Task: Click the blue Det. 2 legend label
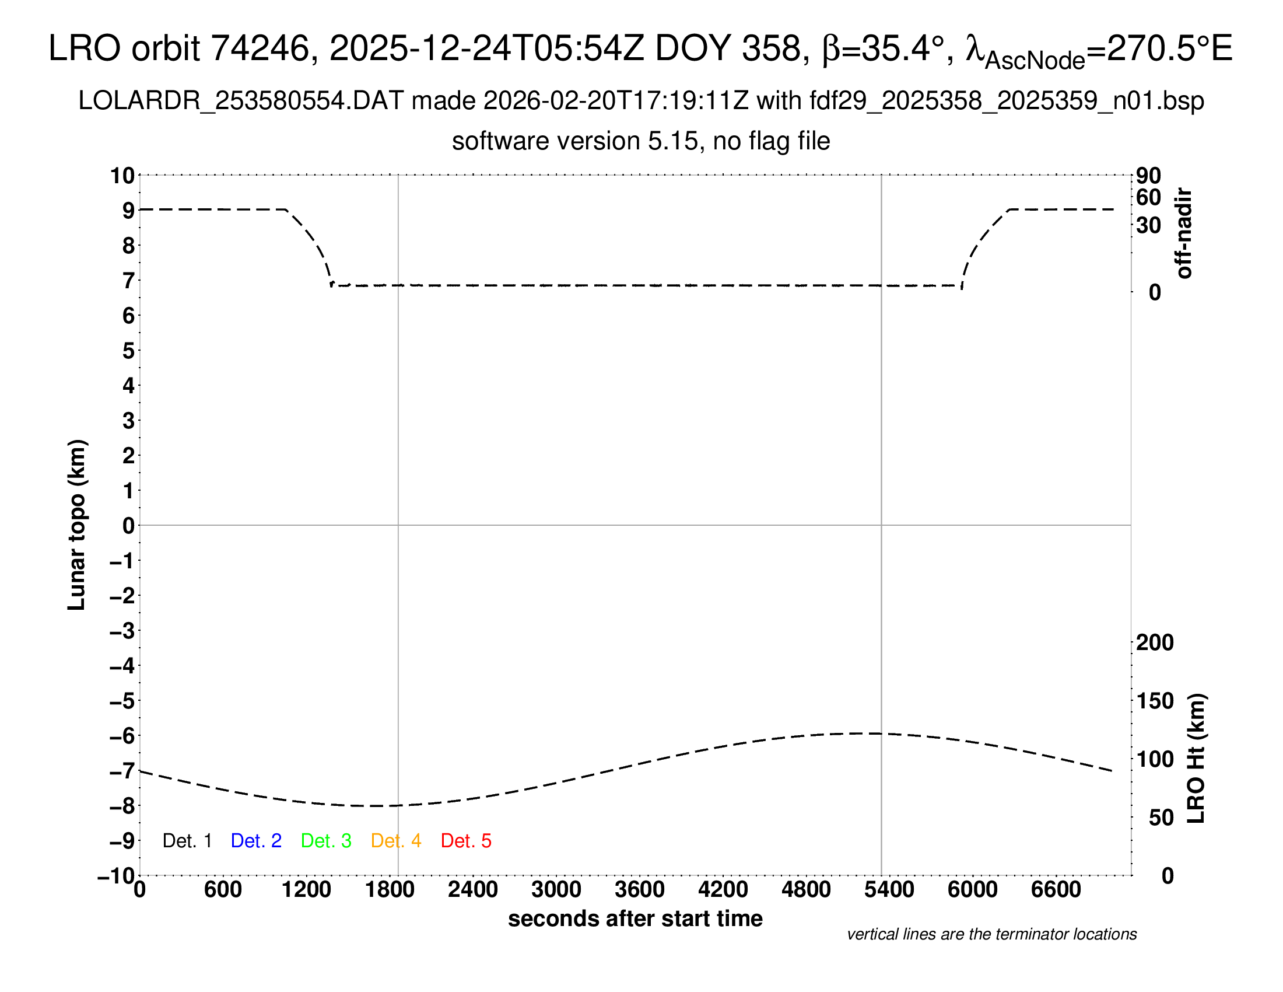[x=256, y=841]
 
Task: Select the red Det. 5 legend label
[x=466, y=841]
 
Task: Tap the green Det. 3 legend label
[x=326, y=841]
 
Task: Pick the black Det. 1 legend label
[x=187, y=841]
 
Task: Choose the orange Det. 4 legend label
[x=396, y=841]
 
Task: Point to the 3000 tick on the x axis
[x=556, y=890]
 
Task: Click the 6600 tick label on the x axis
[x=1056, y=890]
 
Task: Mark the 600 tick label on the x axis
[x=223, y=890]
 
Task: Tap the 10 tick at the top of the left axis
[x=123, y=175]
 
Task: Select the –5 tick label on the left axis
[x=122, y=701]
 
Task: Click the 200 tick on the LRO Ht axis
[x=1155, y=642]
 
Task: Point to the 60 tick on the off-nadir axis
[x=1148, y=197]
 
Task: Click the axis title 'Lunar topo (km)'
[x=77, y=525]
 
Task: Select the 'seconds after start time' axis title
[x=635, y=918]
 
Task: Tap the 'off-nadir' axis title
[x=1184, y=233]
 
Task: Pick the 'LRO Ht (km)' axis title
[x=1196, y=759]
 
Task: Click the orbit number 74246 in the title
[x=260, y=48]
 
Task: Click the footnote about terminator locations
[x=991, y=934]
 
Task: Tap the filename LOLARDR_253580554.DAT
[x=241, y=101]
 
